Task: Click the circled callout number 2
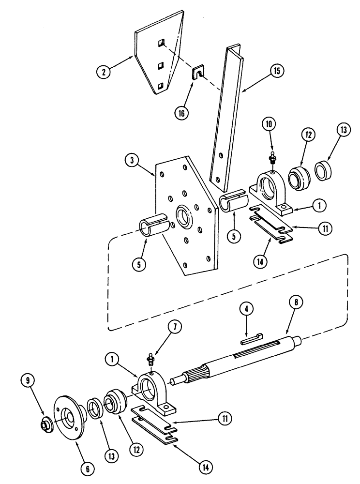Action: (103, 73)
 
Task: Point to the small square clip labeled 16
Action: (197, 74)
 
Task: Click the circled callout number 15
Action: (277, 71)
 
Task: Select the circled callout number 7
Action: (175, 328)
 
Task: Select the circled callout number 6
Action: (88, 468)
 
